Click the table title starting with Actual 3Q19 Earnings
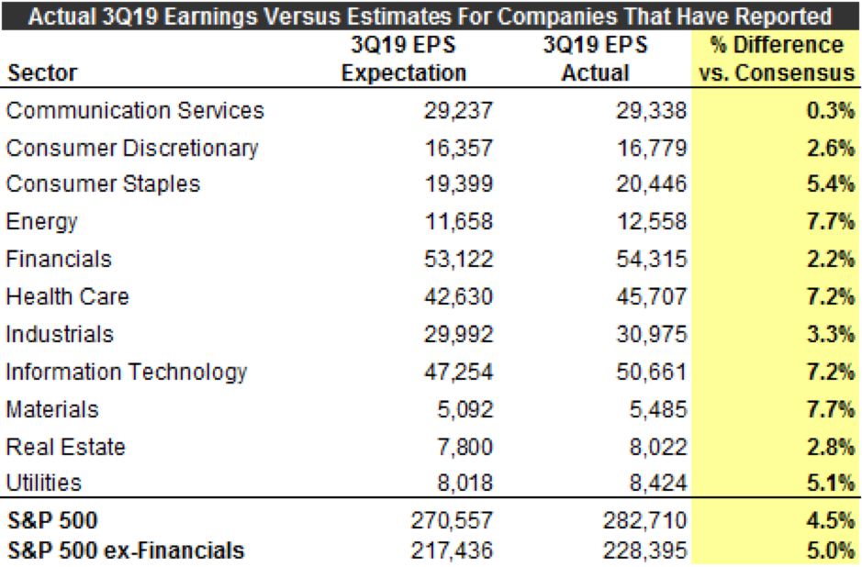point(431,16)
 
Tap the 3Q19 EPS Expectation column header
point(404,59)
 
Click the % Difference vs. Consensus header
point(776,59)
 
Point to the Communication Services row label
point(135,111)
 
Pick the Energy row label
point(41,221)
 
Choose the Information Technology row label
point(127,372)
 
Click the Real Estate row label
point(66,447)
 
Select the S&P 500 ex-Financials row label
point(126,550)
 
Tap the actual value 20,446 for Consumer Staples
point(652,184)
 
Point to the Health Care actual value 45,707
point(652,297)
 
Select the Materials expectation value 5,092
point(465,409)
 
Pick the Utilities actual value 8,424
point(658,484)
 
